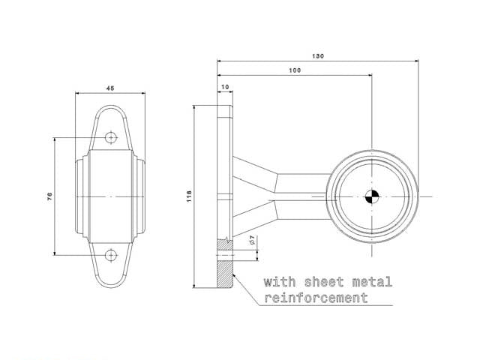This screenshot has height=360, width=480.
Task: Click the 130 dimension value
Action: pyautogui.click(x=318, y=56)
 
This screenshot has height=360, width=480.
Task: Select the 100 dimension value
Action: pyautogui.click(x=295, y=70)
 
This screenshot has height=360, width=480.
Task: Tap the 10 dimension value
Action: pyautogui.click(x=225, y=87)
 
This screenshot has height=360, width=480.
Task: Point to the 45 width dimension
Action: pyautogui.click(x=110, y=88)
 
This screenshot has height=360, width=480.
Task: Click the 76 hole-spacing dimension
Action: pyautogui.click(x=49, y=196)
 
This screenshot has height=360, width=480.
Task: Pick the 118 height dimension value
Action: pyautogui.click(x=189, y=196)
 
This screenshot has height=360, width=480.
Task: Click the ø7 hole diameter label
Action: pyautogui.click(x=252, y=240)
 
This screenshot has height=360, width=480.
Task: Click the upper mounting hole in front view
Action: pyautogui.click(x=111, y=137)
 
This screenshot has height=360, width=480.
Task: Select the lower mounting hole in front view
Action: pyautogui.click(x=111, y=255)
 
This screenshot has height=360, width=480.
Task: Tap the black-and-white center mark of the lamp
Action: pyautogui.click(x=372, y=196)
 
